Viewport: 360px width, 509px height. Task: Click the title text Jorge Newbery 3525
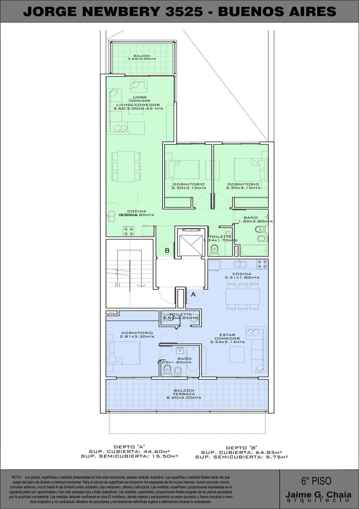pyautogui.click(x=112, y=11)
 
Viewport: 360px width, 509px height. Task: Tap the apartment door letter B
pyautogui.click(x=167, y=251)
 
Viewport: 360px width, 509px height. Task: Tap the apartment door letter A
pyautogui.click(x=194, y=294)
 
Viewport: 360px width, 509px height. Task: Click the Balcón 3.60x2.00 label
pyautogui.click(x=142, y=57)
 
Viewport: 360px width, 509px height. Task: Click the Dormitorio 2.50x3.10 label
pyautogui.click(x=188, y=186)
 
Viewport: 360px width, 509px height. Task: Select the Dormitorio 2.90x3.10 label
pyautogui.click(x=243, y=186)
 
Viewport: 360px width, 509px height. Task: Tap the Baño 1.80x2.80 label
pyautogui.click(x=256, y=219)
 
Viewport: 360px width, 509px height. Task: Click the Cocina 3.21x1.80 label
pyautogui.click(x=242, y=276)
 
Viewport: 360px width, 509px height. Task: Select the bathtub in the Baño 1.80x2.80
pyautogui.click(x=254, y=250)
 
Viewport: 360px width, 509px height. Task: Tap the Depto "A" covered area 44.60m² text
pyautogui.click(x=129, y=452)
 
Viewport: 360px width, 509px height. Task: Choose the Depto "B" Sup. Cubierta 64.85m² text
pyautogui.click(x=242, y=452)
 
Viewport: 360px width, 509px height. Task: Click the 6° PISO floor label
pyautogui.click(x=316, y=481)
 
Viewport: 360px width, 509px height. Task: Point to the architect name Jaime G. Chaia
pyautogui.click(x=318, y=495)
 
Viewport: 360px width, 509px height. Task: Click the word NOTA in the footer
pyautogui.click(x=17, y=477)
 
